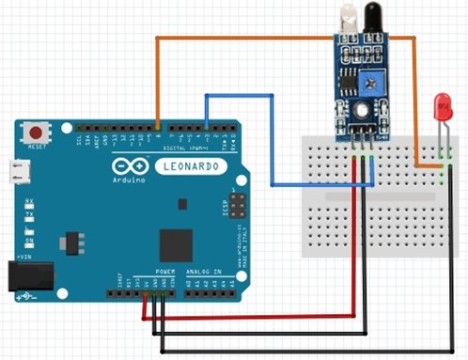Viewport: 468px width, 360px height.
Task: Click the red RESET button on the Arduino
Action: point(38,133)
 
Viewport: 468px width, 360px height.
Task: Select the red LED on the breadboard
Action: point(442,107)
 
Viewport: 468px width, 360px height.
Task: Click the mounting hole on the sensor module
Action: point(358,109)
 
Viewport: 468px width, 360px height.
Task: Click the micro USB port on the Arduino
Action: point(19,171)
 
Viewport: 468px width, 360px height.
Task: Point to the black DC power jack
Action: point(23,274)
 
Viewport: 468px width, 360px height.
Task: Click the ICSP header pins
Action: point(239,204)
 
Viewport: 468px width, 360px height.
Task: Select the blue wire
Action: point(273,141)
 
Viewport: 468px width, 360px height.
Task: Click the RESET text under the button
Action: point(38,148)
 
